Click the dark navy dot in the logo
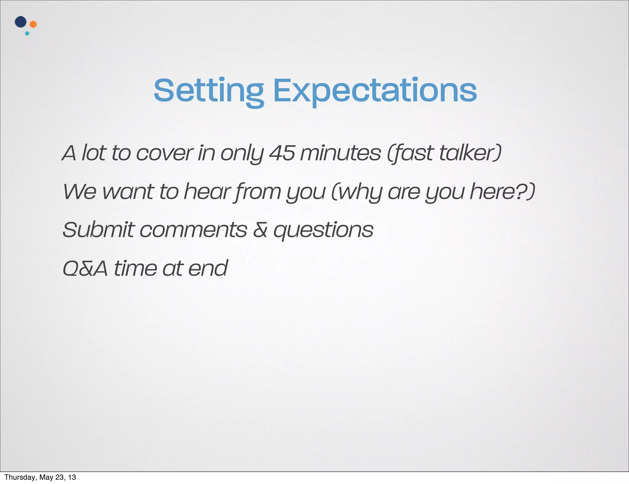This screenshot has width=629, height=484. point(21,22)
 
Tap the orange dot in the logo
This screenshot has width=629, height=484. point(33,24)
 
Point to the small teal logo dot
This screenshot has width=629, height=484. point(27,33)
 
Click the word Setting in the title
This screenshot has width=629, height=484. point(209,91)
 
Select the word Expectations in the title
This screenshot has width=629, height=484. point(375,91)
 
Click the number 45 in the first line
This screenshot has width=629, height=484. point(282,153)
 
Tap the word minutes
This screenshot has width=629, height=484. point(340,153)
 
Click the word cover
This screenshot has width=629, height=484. point(165,153)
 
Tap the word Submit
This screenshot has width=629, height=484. point(98,230)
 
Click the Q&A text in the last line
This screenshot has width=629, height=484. point(85,268)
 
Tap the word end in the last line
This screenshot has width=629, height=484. point(208,268)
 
